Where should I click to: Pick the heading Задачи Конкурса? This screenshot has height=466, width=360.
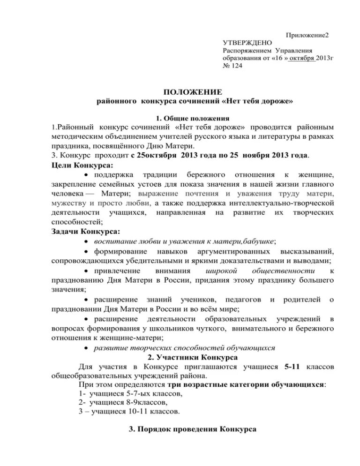coord(84,231)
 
